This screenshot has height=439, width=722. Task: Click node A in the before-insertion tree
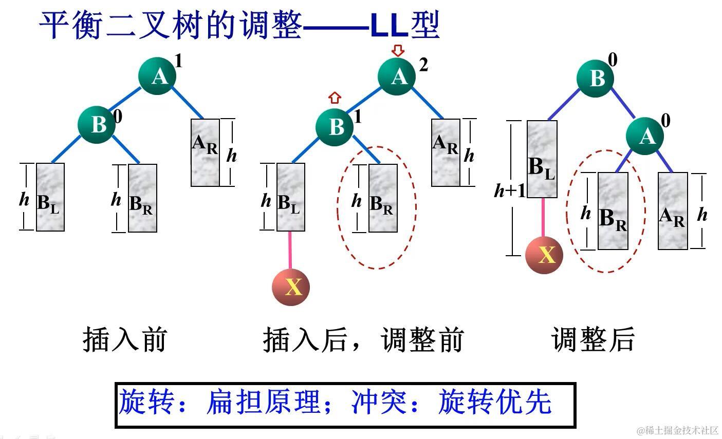(157, 76)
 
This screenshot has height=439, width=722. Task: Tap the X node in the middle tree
(291, 287)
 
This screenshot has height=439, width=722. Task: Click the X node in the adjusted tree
(544, 255)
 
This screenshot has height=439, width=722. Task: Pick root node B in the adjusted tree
(595, 79)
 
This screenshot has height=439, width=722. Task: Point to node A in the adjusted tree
(644, 136)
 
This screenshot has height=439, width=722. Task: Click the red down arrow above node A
(398, 50)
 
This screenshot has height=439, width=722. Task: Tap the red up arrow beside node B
(335, 97)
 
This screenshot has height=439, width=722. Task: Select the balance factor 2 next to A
(423, 65)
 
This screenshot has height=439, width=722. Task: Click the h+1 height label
(510, 190)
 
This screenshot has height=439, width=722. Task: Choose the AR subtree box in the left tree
(205, 152)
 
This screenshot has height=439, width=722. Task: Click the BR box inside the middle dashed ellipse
(383, 198)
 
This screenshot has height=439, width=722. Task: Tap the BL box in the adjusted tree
(542, 159)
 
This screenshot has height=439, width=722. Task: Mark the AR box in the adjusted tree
(673, 211)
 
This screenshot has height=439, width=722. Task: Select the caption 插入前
(125, 340)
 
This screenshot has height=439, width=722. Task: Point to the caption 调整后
(594, 340)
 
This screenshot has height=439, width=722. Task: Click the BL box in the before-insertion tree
(50, 197)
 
